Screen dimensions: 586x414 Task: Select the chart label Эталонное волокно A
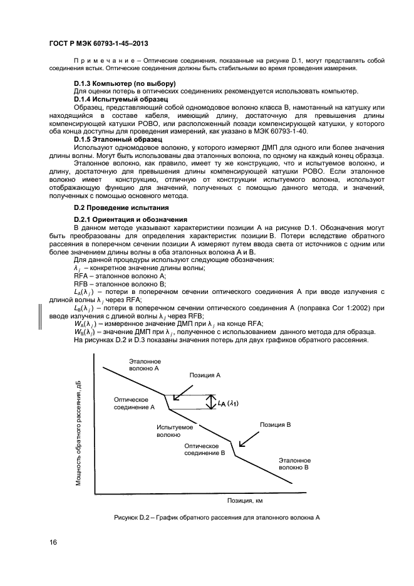point(145,365)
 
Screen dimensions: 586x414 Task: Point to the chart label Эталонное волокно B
point(294,464)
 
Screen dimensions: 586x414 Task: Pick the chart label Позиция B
point(276,424)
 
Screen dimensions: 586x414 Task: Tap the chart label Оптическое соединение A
point(134,403)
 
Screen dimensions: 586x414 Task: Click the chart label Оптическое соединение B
point(204,448)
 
